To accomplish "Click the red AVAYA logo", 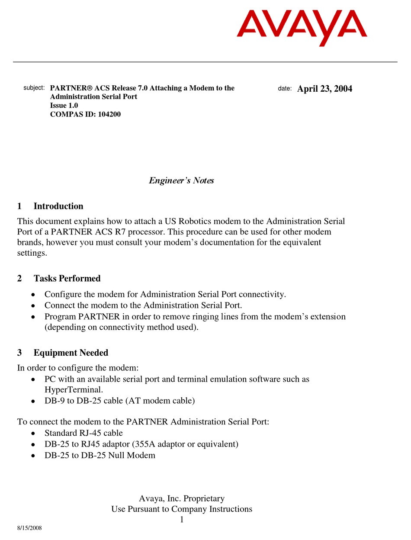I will click(302, 27).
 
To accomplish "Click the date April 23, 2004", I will click(324, 89).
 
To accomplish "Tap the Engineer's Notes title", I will click(181, 180).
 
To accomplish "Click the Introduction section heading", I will click(58, 206).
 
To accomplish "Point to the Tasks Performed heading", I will click(67, 278).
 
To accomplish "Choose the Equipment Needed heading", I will click(71, 353).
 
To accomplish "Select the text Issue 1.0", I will click(64, 106).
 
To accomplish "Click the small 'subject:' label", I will click(34, 88).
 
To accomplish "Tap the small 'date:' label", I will click(285, 89).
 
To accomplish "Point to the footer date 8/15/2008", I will click(29, 528).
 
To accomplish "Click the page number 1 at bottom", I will click(182, 520).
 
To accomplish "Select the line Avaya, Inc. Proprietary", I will click(182, 498).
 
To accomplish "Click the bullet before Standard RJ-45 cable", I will click(34, 433).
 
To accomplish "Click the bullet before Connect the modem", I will click(34, 305).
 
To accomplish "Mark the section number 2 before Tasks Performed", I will click(19, 278).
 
